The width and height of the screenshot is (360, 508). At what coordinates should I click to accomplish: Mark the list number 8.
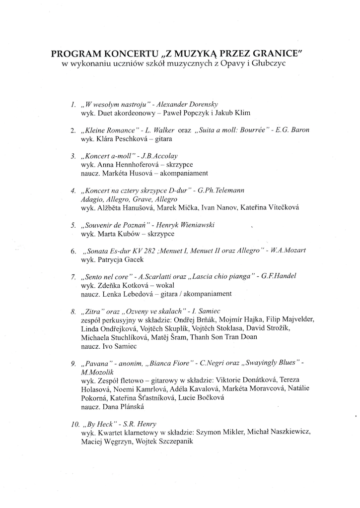tap(73, 313)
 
